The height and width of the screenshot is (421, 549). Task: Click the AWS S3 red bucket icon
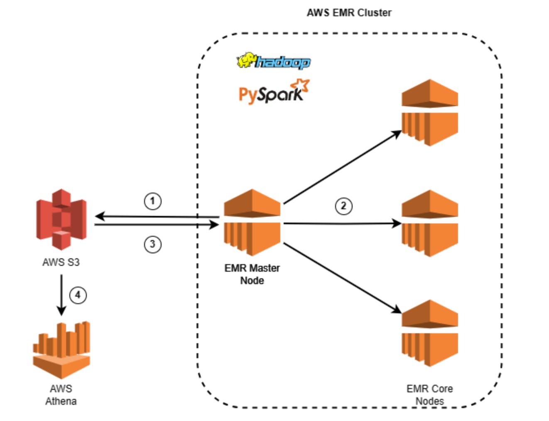point(61,219)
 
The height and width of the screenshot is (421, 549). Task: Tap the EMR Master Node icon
point(252,223)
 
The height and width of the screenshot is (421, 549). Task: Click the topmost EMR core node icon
point(430,112)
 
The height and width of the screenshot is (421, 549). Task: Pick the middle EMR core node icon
point(430,223)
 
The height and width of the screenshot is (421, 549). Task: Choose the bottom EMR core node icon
point(430,333)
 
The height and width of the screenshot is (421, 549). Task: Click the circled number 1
point(152,201)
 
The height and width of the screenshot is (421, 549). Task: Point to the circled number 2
point(343,206)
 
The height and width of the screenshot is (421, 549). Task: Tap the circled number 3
point(152,244)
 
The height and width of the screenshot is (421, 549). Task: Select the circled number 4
point(78,295)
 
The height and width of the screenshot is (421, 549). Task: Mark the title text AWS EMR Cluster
point(349,13)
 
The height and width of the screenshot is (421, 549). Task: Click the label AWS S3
point(61,263)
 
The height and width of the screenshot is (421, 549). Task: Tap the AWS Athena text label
point(61,395)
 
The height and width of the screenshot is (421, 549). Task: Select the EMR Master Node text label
point(252,274)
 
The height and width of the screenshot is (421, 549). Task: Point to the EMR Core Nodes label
point(429,395)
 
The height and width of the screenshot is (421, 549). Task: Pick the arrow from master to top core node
point(342,167)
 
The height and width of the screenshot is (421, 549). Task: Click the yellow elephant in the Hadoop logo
point(246,61)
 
